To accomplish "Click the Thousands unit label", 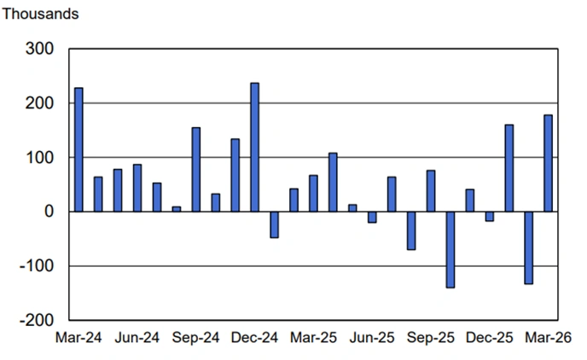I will pyautogui.click(x=40, y=15).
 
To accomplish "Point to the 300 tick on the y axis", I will pyautogui.click(x=42, y=49).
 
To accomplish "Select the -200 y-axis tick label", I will pyautogui.click(x=38, y=320).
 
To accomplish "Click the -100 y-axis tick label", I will pyautogui.click(x=38, y=266).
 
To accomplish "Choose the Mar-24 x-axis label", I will pyautogui.click(x=78, y=338).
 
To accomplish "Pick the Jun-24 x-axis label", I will pyautogui.click(x=137, y=338).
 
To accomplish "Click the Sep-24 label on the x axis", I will pyautogui.click(x=196, y=338).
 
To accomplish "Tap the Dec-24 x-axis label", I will pyautogui.click(x=254, y=338).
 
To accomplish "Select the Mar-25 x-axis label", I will pyautogui.click(x=313, y=338).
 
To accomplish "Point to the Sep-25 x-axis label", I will pyautogui.click(x=431, y=338).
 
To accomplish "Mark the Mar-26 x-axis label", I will pyautogui.click(x=548, y=338).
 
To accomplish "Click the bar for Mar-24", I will pyautogui.click(x=78, y=149).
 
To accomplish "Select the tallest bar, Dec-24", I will pyautogui.click(x=254, y=147).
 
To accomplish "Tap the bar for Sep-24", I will pyautogui.click(x=196, y=170).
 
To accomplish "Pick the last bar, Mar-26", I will pyautogui.click(x=548, y=163).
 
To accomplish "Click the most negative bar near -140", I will pyautogui.click(x=450, y=249).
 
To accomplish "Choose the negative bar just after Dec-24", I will pyautogui.click(x=274, y=224).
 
